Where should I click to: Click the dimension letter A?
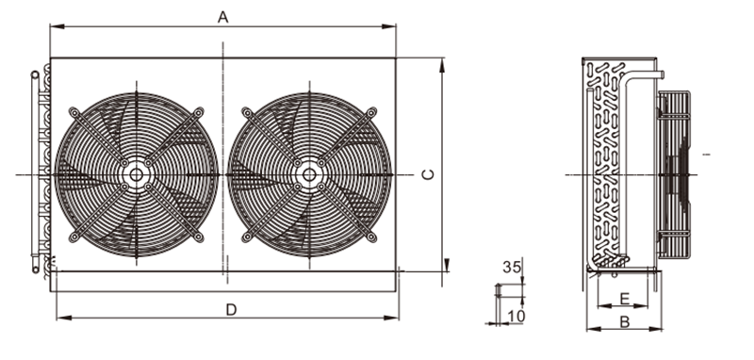pos(222,17)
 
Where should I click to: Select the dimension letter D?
pos(231,310)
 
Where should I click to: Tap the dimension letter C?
pos(428,174)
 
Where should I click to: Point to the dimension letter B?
pos(625,321)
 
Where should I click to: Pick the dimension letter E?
pos(624,299)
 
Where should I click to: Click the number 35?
pos(512,268)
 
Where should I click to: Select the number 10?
pos(516,316)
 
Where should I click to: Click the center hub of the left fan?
pos(136,174)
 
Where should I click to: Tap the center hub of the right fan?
pos(309,174)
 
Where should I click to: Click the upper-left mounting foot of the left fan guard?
pos(74,112)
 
